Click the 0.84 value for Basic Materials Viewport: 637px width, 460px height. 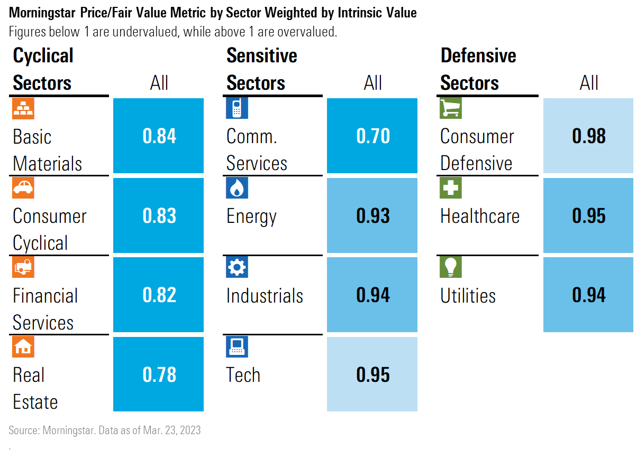159,136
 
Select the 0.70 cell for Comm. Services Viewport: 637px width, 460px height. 372,136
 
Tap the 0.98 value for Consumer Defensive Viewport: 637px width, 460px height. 588,136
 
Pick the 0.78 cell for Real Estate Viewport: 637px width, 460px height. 159,374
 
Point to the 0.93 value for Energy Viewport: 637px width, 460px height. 372,216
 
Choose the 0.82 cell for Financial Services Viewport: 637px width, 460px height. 159,295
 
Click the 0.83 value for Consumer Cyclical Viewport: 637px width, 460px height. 159,216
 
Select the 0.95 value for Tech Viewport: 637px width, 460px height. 372,374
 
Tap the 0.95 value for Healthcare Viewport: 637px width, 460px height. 588,216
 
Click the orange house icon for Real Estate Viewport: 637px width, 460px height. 23,346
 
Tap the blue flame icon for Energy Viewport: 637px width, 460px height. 236,187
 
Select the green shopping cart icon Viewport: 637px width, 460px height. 451,108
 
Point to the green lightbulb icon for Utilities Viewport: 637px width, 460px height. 451,267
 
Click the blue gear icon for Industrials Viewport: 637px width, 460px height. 236,267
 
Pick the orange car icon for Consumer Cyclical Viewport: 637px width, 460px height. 23,187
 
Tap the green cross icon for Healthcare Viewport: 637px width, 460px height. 451,187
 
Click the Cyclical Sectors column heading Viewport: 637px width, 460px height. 43,69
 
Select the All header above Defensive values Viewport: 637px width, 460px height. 588,83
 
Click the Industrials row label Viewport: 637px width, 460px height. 265,296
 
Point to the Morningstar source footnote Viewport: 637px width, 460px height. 105,430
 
